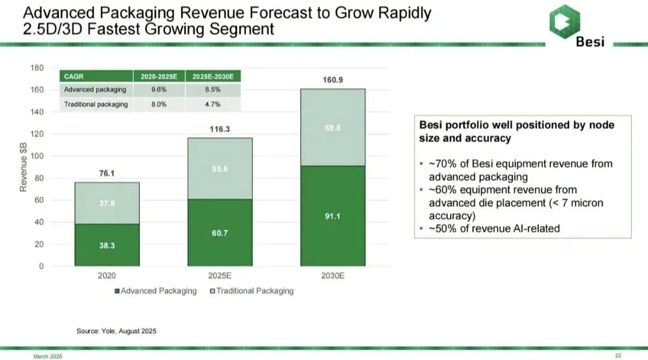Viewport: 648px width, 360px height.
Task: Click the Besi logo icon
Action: (x=565, y=19)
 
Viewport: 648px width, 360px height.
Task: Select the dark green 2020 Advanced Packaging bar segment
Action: (x=107, y=245)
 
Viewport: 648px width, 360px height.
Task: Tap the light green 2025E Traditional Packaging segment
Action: (x=220, y=169)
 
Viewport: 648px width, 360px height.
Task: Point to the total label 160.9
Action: (x=332, y=80)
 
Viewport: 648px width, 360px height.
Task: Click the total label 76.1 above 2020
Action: (x=107, y=173)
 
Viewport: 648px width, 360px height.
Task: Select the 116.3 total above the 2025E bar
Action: (x=220, y=128)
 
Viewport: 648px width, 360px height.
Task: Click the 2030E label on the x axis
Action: (x=332, y=276)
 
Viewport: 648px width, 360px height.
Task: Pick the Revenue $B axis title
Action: (x=24, y=167)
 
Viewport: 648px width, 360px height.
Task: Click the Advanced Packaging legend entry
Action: (x=155, y=291)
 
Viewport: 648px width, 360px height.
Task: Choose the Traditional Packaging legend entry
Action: (x=251, y=291)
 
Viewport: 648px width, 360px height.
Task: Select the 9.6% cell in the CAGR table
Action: (x=159, y=90)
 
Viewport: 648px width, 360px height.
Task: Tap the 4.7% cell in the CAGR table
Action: (x=213, y=104)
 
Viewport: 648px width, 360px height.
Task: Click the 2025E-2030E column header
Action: (x=213, y=76)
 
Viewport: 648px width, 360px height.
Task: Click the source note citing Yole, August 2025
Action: (x=116, y=331)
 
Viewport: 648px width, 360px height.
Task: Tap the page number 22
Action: (x=618, y=356)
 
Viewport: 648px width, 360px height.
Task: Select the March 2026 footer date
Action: (x=47, y=356)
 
